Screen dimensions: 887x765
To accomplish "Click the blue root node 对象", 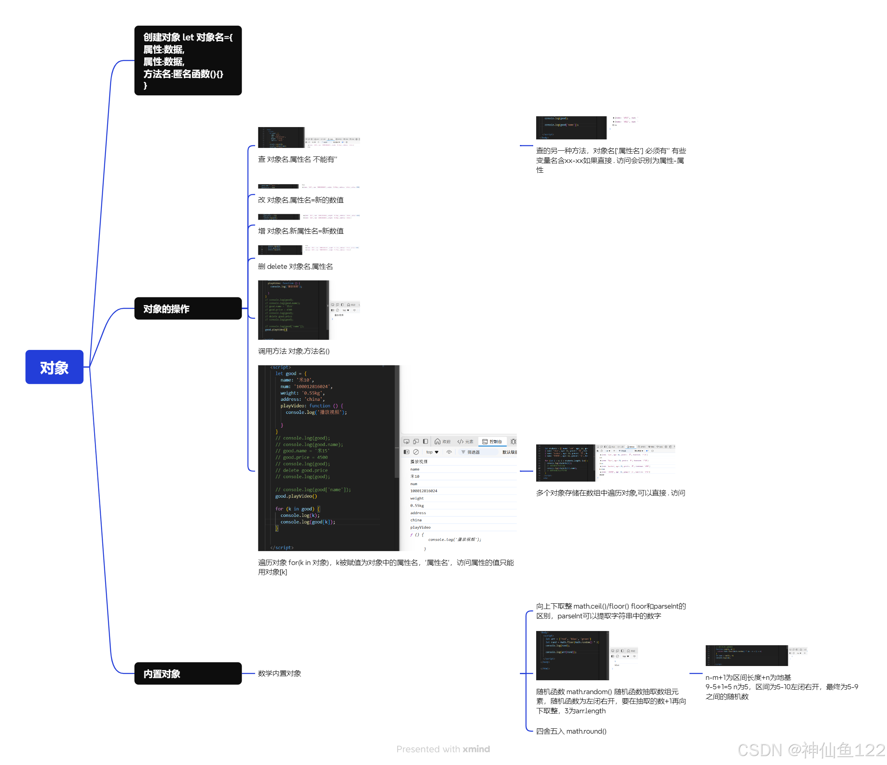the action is click(x=54, y=367).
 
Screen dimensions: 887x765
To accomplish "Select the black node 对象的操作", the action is click(x=187, y=308).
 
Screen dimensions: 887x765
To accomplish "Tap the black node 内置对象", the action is click(x=187, y=673).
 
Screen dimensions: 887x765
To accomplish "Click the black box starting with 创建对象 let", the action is click(x=187, y=60).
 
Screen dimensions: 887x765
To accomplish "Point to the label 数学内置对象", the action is click(x=279, y=673).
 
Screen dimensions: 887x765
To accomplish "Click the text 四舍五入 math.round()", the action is click(x=571, y=731).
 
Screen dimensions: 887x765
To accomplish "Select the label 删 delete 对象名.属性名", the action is click(x=295, y=266).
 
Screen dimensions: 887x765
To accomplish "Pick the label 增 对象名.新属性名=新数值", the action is click(x=301, y=231).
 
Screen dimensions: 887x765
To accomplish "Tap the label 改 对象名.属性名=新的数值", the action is click(x=301, y=200).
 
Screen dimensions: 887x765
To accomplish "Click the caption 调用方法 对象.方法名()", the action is click(x=294, y=351).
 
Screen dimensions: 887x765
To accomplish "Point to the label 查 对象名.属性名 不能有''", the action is click(x=297, y=159).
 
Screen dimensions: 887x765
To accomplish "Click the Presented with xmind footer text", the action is click(x=443, y=749).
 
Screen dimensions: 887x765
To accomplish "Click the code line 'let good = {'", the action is click(x=291, y=373).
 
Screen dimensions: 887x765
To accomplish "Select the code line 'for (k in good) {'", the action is click(x=297, y=508).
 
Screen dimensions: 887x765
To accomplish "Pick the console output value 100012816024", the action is click(x=424, y=491).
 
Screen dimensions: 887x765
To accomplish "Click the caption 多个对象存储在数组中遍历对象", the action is click(x=610, y=493).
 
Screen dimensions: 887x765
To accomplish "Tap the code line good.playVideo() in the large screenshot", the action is click(x=296, y=496).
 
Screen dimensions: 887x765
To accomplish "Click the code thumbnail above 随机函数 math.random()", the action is click(x=572, y=655).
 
